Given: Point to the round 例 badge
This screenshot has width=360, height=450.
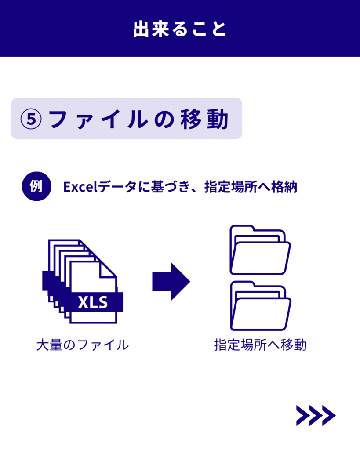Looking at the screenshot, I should [x=36, y=186].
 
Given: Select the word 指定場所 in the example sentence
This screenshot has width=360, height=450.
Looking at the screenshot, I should [x=233, y=187].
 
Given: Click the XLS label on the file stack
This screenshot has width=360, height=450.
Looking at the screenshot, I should [x=92, y=303].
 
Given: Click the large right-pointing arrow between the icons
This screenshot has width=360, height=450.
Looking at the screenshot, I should [x=171, y=282].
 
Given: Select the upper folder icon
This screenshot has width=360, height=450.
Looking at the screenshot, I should [x=260, y=250].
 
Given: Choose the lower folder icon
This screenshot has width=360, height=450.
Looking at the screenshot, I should [x=260, y=306].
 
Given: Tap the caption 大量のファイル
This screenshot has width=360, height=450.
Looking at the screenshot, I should [x=83, y=345].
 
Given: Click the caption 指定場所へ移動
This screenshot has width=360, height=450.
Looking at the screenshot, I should [x=260, y=345].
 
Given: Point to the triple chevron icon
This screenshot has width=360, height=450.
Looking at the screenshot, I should [x=316, y=415].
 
